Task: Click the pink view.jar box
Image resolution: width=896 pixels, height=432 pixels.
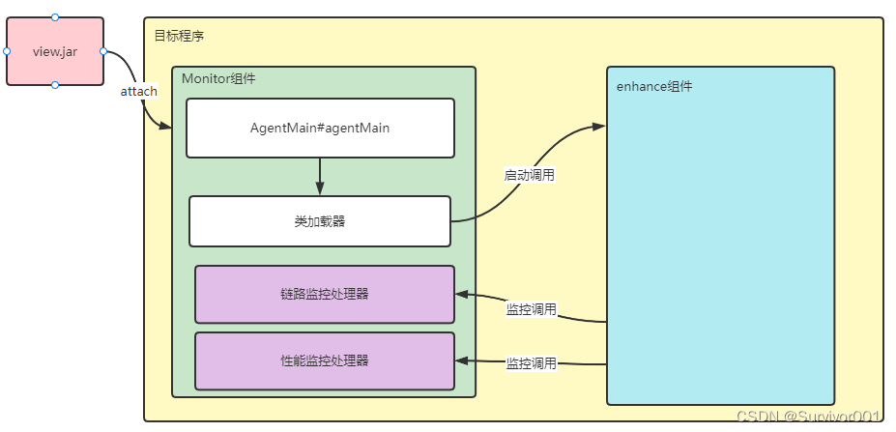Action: click(x=55, y=51)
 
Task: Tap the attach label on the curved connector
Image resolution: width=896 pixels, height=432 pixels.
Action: click(x=138, y=91)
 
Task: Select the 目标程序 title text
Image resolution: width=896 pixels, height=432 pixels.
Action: click(x=179, y=36)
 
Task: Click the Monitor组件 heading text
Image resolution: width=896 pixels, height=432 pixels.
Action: click(x=218, y=79)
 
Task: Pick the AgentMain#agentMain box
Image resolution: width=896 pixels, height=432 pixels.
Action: click(x=320, y=128)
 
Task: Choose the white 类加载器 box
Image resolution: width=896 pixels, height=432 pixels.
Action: click(x=320, y=221)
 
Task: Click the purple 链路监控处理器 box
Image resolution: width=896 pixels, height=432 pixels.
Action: click(x=325, y=294)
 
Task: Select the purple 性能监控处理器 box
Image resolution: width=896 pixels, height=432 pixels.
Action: click(x=325, y=360)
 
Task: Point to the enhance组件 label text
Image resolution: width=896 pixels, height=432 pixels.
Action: click(x=654, y=86)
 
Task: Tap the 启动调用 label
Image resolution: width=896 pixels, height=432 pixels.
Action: click(x=530, y=175)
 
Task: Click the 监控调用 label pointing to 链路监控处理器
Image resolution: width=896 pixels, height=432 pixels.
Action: click(x=532, y=309)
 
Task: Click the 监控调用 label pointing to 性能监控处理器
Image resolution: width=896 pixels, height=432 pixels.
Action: click(x=532, y=363)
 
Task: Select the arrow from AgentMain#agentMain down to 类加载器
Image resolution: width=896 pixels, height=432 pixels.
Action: click(x=320, y=176)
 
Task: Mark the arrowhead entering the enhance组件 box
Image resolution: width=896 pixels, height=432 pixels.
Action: click(x=600, y=127)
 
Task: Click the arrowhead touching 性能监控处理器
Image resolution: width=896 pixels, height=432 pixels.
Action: click(x=462, y=360)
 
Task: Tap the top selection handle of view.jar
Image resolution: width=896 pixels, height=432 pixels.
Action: click(x=55, y=16)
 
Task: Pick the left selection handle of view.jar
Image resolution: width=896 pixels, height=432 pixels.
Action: click(x=6, y=51)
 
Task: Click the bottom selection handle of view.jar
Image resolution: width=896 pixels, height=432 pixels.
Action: click(x=55, y=85)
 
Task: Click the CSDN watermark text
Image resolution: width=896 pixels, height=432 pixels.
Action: click(x=808, y=417)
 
